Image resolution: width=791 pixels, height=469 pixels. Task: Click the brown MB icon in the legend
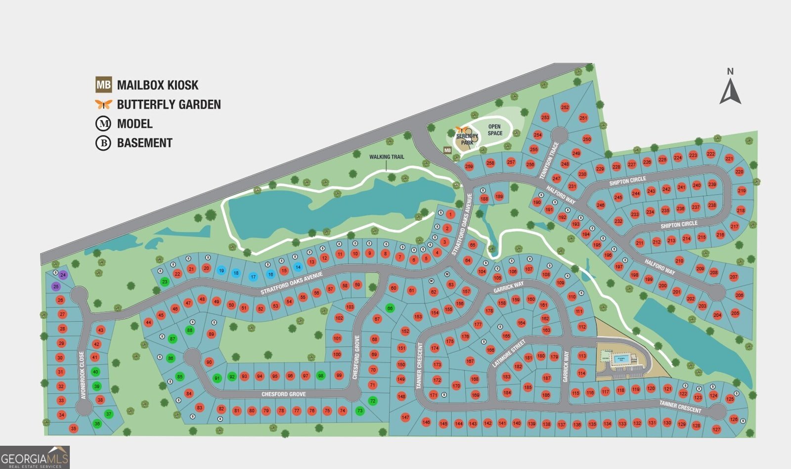tap(104, 85)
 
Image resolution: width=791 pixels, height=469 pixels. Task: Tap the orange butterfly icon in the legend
tap(104, 104)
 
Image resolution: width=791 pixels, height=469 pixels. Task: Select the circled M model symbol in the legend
tap(103, 124)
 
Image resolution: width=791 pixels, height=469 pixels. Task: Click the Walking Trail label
tap(387, 157)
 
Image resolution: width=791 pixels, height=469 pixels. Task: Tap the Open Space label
tap(494, 130)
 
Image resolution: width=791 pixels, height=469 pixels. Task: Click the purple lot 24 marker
tap(63, 275)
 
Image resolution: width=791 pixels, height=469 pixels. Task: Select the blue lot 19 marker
tap(221, 270)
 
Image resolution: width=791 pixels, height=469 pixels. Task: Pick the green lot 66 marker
tap(390, 308)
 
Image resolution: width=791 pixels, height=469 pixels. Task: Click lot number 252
tap(565, 107)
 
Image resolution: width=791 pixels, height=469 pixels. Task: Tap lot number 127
tap(716, 429)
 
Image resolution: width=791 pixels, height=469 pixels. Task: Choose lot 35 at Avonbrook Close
tap(74, 428)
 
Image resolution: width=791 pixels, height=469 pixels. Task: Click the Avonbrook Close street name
tap(83, 375)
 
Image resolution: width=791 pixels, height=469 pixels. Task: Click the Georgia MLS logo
tap(35, 457)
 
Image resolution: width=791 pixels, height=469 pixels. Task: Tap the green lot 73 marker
tap(360, 411)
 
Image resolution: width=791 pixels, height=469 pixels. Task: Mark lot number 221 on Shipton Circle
tap(729, 159)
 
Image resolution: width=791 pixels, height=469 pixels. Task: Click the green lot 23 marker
tap(165, 282)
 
